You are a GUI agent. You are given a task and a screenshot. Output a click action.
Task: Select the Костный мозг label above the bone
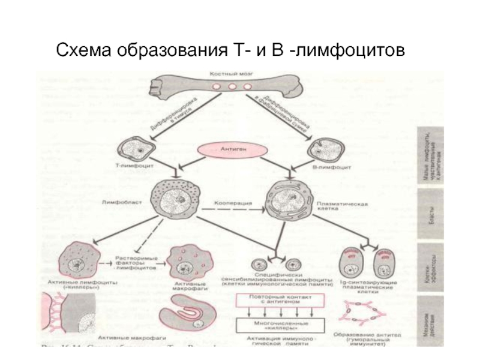coord(232,74)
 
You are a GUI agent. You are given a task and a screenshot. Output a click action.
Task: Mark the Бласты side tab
coord(431,217)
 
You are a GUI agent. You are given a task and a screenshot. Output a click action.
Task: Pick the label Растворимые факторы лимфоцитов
coord(135,266)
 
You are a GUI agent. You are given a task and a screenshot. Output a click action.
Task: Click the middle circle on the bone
coord(232,87)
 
